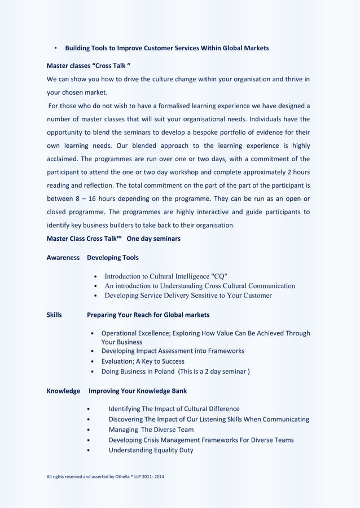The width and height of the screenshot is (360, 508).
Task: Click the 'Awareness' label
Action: (63, 258)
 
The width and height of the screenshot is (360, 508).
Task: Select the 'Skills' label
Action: (54, 315)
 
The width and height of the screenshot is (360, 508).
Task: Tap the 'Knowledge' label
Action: (63, 391)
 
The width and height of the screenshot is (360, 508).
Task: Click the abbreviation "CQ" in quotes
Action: (219, 276)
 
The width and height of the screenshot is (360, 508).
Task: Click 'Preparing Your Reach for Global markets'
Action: (148, 315)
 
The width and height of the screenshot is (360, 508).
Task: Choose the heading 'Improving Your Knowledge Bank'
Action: (138, 391)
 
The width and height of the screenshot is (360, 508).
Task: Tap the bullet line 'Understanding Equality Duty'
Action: (151, 450)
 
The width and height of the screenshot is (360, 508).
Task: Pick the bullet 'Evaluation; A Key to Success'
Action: (143, 361)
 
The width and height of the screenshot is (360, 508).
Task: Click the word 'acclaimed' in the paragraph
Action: (63, 158)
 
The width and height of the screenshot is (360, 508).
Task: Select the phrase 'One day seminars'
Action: (153, 238)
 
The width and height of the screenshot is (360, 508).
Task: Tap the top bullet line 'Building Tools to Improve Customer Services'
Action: (167, 48)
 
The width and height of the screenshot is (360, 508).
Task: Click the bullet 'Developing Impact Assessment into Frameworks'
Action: (173, 351)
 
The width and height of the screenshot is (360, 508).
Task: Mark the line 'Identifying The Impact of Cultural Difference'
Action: (174, 409)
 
